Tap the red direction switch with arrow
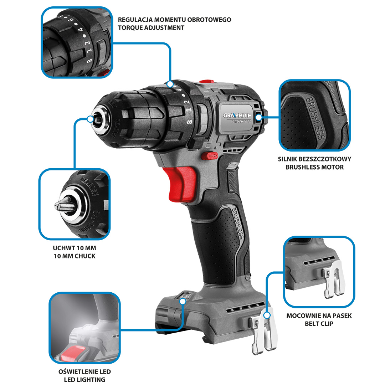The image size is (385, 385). pyautogui.click(x=210, y=156)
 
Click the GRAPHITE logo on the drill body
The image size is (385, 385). pyautogui.click(x=237, y=115)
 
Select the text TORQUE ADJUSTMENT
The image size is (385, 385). pyautogui.click(x=151, y=28)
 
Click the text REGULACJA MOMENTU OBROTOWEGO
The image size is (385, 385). pyautogui.click(x=175, y=20)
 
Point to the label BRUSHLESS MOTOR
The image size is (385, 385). pyautogui.click(x=314, y=167)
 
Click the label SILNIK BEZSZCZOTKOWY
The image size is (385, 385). pyautogui.click(x=314, y=159)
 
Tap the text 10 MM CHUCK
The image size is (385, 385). pyautogui.click(x=75, y=256)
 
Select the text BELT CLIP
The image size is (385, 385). pyautogui.click(x=319, y=324)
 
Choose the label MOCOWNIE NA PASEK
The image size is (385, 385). pyautogui.click(x=319, y=316)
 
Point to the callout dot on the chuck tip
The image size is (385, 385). pyautogui.click(x=91, y=119)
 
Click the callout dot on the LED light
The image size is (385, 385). pyautogui.click(x=183, y=301)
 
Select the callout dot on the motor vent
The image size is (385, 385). pyautogui.click(x=259, y=117)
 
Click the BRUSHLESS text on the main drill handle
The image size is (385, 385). pyautogui.click(x=237, y=223)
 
